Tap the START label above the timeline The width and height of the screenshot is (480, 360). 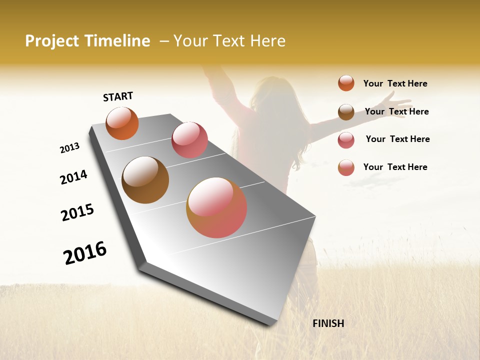point(118,96)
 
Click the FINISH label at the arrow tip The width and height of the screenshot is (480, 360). point(328,323)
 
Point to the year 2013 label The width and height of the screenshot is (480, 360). point(69,148)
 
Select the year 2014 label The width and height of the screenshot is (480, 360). point(73,177)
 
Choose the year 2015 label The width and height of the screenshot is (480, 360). point(77,212)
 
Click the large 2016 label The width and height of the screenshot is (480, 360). point(85,253)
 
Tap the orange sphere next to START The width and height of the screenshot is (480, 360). point(122,123)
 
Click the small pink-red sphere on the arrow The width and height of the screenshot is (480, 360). point(189,140)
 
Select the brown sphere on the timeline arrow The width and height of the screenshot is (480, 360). point(145,180)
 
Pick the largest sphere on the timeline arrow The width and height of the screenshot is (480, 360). point(216,207)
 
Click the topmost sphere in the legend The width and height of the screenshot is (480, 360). point(346,83)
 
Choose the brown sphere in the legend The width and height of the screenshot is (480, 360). point(346,112)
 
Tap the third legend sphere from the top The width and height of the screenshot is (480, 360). point(346,140)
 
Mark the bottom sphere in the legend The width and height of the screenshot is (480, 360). point(346,167)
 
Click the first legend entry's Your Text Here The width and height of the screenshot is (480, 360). point(395,83)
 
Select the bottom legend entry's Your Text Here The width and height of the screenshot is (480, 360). point(395,167)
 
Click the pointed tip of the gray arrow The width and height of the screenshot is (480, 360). point(270,324)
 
